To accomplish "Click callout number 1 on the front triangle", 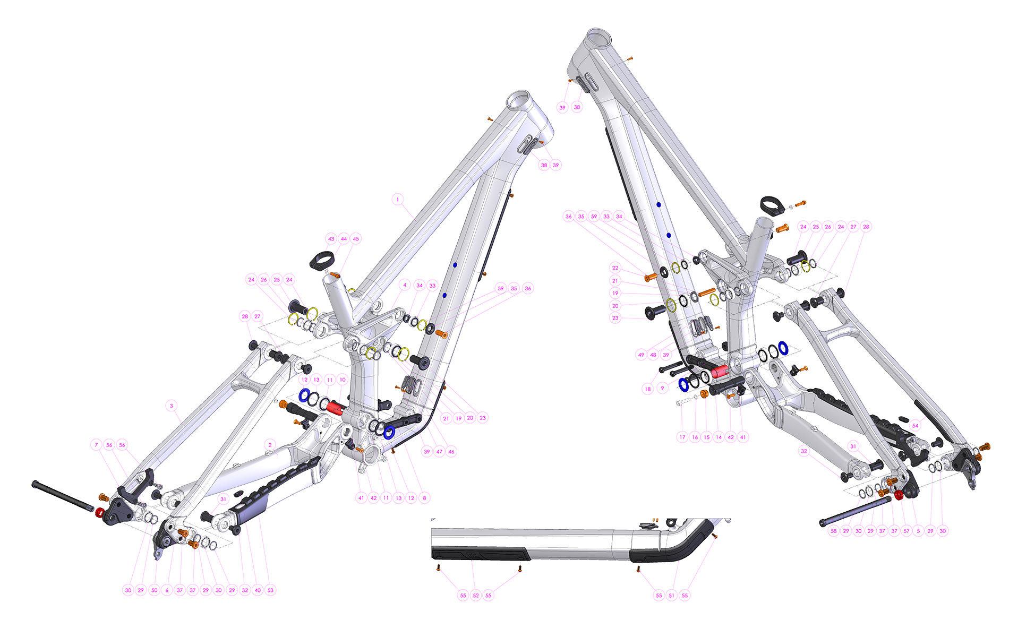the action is coord(398,200).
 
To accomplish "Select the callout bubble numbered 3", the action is coord(172,406).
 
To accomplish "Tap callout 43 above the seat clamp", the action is coord(331,239).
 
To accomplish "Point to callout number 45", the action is coord(356,239).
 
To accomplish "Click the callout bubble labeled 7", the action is coord(96,445).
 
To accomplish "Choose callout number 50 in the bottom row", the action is coord(154,590).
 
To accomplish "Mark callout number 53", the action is coord(270,590).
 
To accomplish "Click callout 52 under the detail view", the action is coord(476,595).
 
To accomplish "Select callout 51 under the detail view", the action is coord(672,595).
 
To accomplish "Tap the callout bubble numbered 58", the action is coord(834,530).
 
